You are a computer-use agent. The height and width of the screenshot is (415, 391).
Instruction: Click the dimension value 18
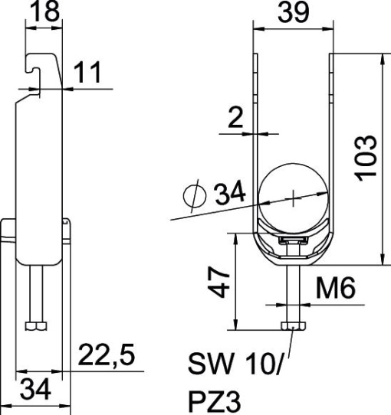point(44,12)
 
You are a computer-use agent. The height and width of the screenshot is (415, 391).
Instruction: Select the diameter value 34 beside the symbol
point(229,194)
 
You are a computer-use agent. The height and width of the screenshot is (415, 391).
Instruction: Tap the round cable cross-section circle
point(294,196)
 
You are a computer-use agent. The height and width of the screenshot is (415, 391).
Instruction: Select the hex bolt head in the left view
point(36,327)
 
